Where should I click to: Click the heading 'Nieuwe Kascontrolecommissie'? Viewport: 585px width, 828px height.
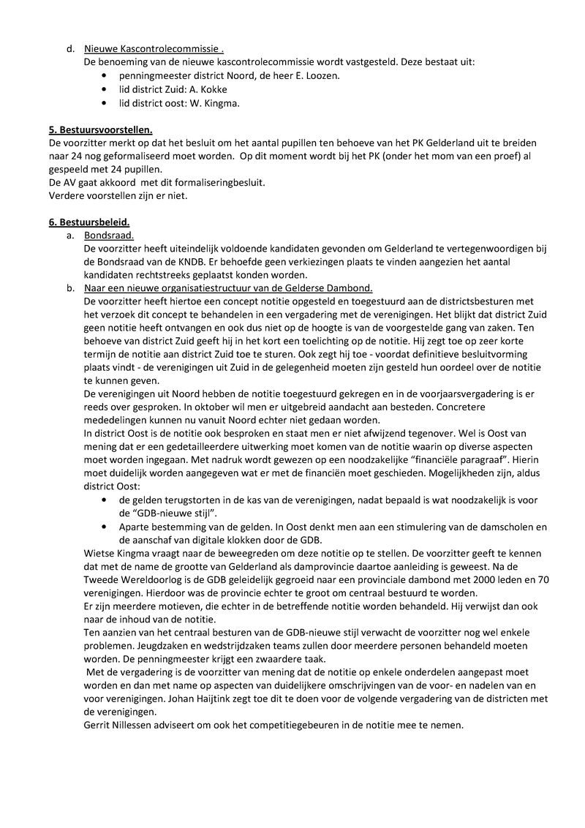coord(152,48)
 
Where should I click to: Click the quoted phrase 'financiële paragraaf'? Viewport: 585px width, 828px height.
coord(446,459)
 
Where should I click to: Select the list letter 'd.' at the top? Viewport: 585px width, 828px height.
coord(70,48)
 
